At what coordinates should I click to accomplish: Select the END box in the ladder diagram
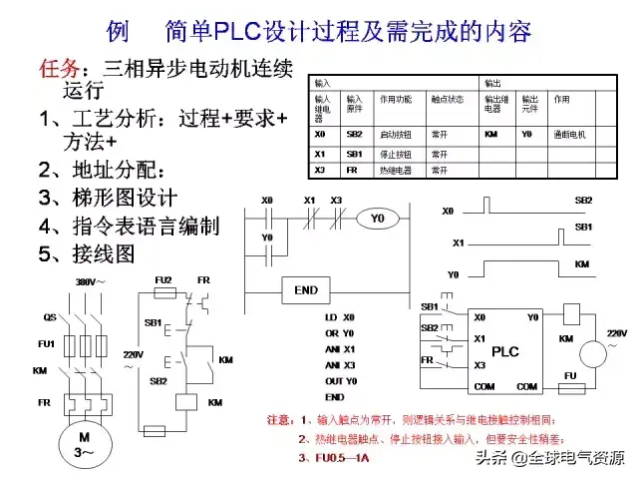coord(306,290)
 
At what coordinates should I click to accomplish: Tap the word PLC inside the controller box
coord(505,351)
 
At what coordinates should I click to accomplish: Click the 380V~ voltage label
coord(92,282)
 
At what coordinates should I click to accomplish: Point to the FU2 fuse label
coord(163,279)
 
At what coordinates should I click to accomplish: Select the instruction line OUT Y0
coord(341,381)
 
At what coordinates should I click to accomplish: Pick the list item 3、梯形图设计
coord(107,197)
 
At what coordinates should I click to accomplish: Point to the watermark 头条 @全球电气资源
coord(549,458)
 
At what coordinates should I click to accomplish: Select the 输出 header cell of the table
coord(492,82)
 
